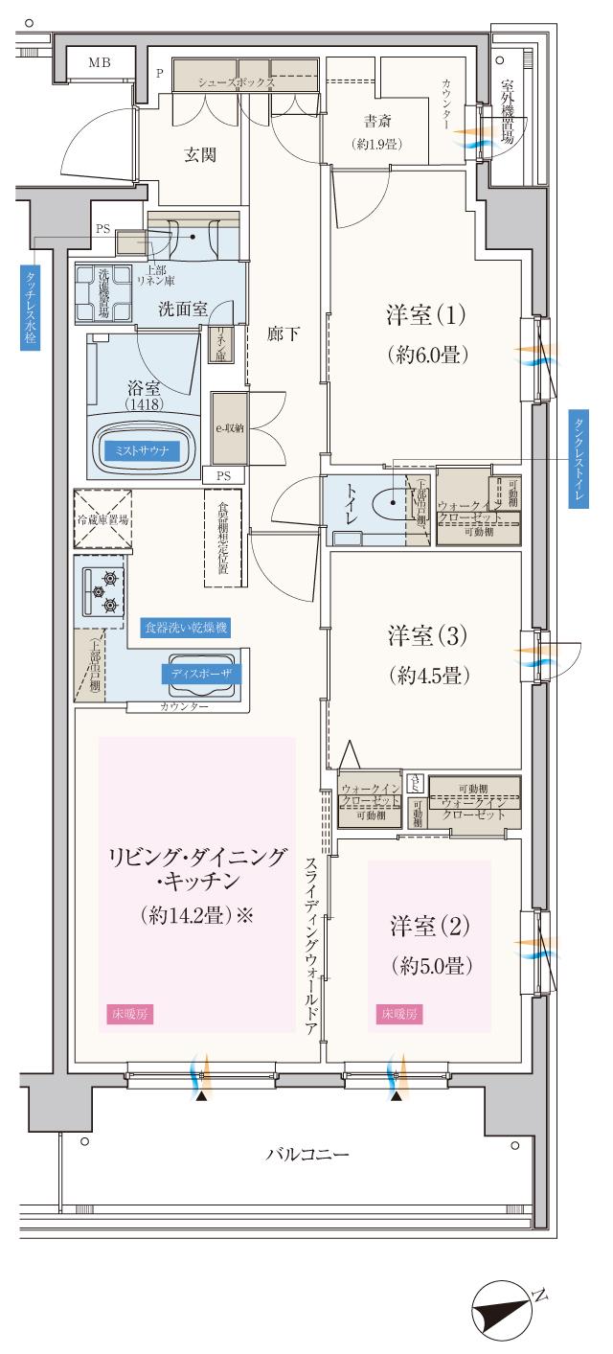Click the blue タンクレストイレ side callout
click(x=579, y=459)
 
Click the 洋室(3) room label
click(x=427, y=654)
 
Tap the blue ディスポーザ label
click(x=200, y=673)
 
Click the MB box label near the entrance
click(x=99, y=63)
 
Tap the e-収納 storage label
click(x=228, y=428)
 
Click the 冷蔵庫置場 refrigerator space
click(x=102, y=519)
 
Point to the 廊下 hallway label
click(x=285, y=335)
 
